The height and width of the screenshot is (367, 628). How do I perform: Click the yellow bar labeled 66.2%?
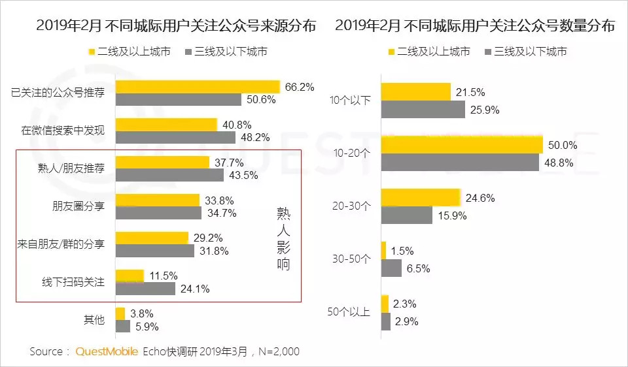[198, 86]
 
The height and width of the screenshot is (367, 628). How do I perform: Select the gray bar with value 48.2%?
[175, 137]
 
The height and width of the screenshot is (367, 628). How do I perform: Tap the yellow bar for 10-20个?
[462, 144]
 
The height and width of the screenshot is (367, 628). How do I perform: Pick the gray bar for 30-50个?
[391, 268]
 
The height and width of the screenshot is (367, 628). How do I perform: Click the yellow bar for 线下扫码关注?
[130, 276]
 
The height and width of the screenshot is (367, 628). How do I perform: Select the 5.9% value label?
[147, 327]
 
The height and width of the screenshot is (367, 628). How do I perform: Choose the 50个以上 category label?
[349, 312]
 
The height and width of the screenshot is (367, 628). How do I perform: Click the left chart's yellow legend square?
[92, 52]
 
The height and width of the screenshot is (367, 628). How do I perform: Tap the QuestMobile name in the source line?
[107, 351]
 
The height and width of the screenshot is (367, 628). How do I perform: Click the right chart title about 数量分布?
[475, 26]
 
